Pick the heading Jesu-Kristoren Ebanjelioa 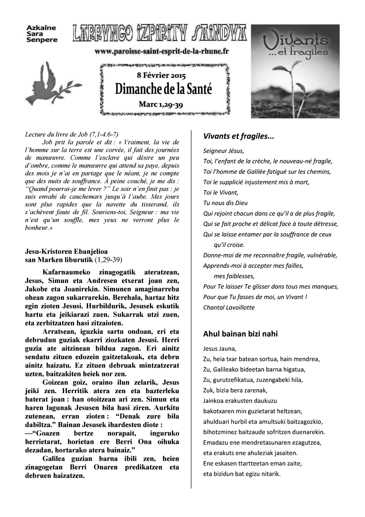(67, 252)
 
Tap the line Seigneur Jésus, (223, 151)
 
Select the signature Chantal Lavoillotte (229, 307)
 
